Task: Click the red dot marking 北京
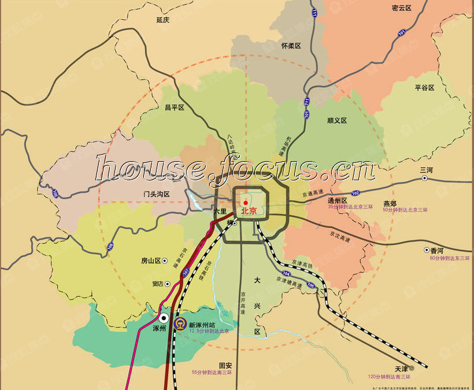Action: [245, 202]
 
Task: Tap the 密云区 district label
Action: [401, 8]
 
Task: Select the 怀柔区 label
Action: [291, 46]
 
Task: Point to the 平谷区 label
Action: [424, 88]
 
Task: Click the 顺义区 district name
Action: [336, 121]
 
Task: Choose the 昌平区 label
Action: [174, 107]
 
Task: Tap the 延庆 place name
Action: [163, 20]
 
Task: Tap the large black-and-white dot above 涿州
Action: [164, 318]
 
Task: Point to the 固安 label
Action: [225, 366]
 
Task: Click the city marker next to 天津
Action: [412, 368]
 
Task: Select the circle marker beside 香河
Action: [427, 250]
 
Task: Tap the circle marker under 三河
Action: [425, 179]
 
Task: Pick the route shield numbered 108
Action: [110, 247]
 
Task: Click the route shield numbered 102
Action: [355, 193]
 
